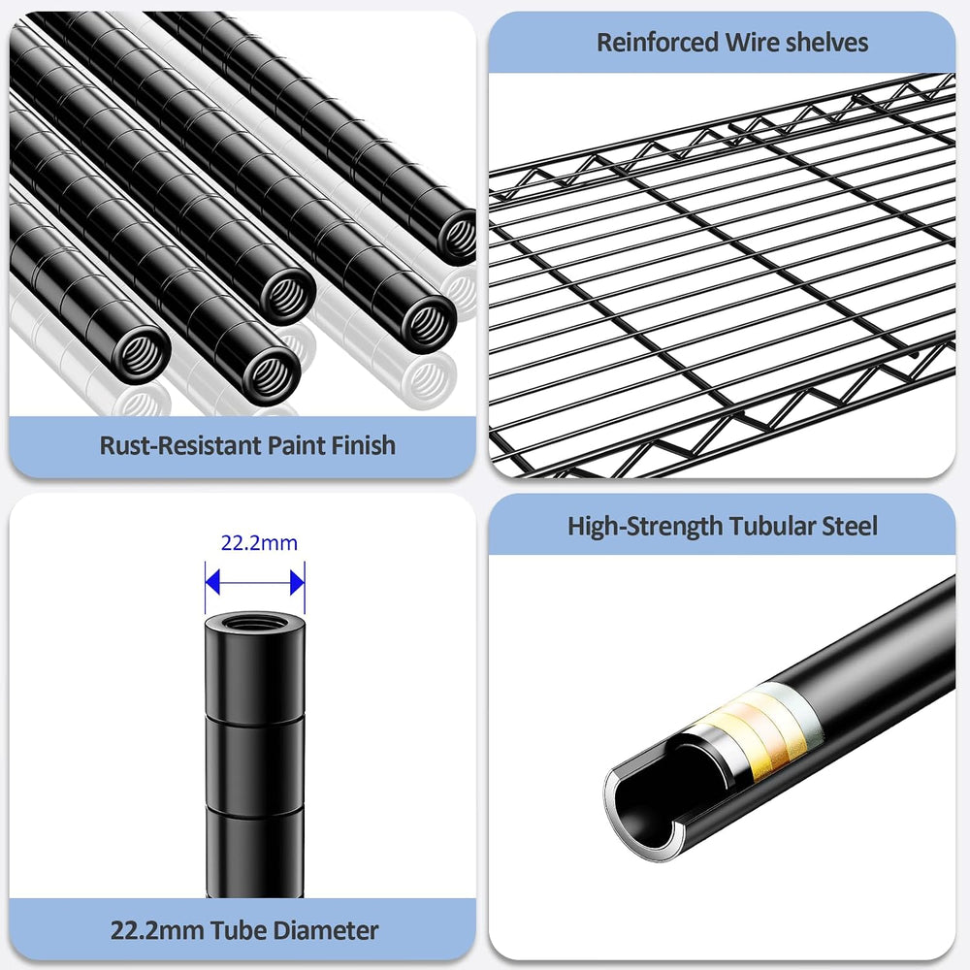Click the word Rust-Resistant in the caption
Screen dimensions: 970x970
pos(180,445)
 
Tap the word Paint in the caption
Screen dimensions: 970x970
pos(296,445)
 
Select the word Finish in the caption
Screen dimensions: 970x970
pos(363,445)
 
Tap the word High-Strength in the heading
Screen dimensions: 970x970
pos(645,527)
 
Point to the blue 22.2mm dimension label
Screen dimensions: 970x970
pos(259,543)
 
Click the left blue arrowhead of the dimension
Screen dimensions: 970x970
pos(212,582)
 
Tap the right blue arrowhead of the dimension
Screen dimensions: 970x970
pos(298,582)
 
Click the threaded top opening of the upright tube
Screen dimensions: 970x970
pos(254,622)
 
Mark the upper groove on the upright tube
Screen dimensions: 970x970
pos(255,719)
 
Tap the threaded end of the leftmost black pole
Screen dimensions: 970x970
pos(142,355)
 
